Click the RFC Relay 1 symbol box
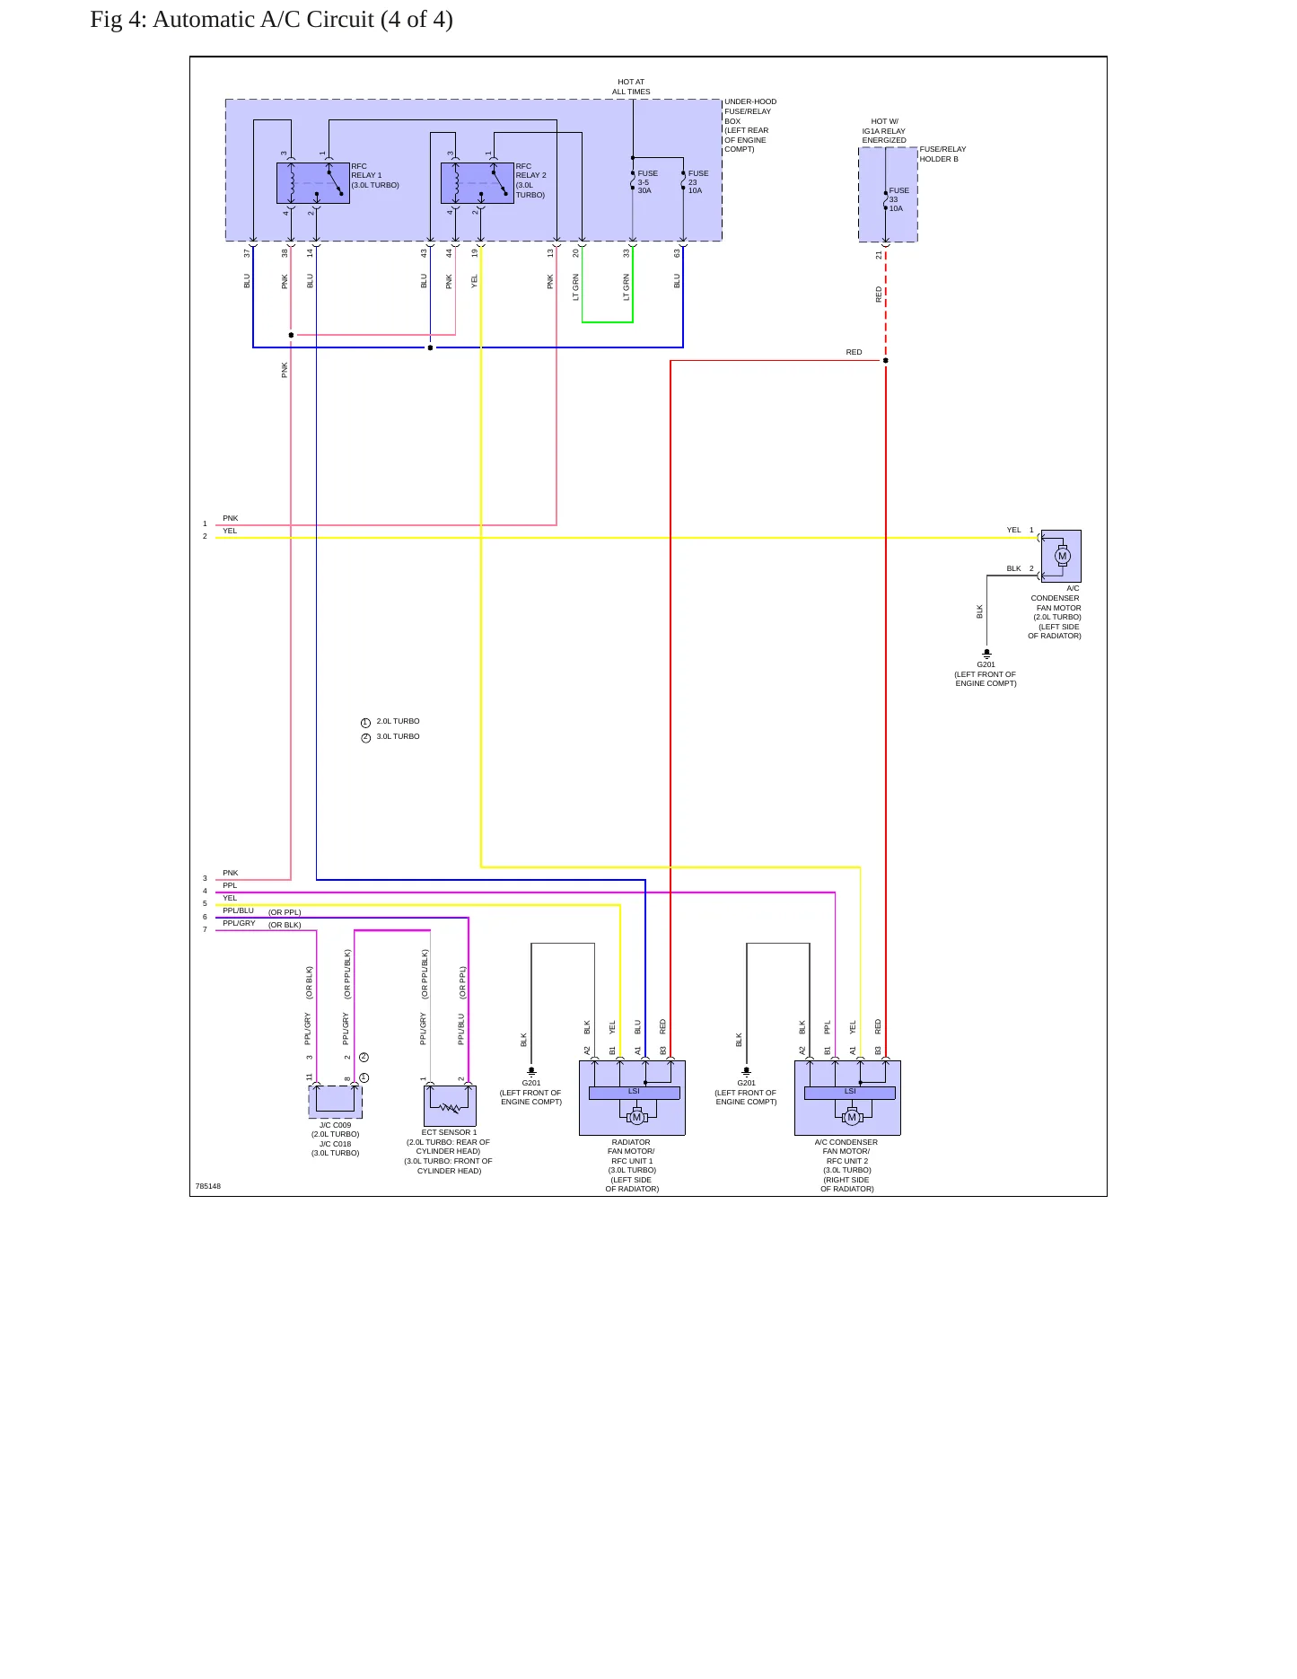pos(313,183)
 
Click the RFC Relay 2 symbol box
pos(478,183)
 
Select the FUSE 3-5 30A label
pos(647,182)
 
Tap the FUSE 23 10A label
pos(698,182)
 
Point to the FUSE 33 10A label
pos(898,199)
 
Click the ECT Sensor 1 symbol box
pos(450,1106)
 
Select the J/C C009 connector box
pos(336,1102)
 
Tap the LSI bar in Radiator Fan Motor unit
pos(634,1093)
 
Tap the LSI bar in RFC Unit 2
pos(850,1093)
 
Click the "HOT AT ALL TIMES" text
pos(631,87)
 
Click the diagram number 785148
pos(208,1186)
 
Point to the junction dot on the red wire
pos(886,361)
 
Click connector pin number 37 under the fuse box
pos(248,253)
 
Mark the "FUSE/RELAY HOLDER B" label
pos(942,154)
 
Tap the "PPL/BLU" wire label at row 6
pos(239,910)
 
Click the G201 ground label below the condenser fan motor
pos(986,664)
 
